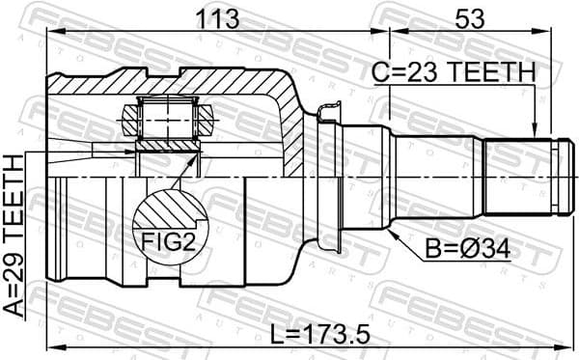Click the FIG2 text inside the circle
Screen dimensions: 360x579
click(x=170, y=242)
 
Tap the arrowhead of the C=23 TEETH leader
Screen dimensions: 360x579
click(x=534, y=135)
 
